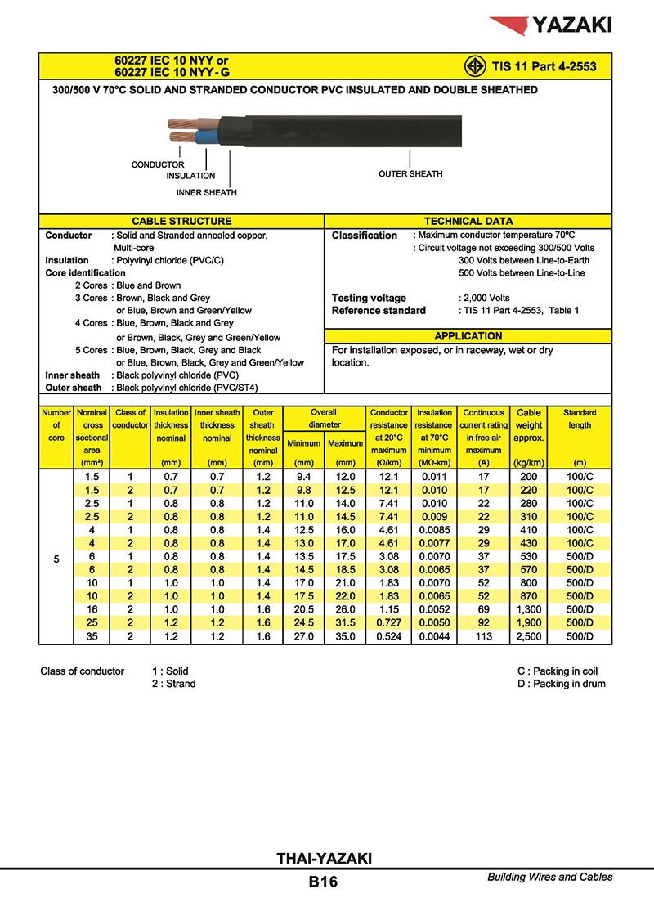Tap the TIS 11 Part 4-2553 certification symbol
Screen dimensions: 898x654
point(471,66)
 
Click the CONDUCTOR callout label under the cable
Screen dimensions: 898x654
point(158,165)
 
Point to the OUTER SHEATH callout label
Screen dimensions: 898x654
point(410,174)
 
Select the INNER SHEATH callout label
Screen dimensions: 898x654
point(207,193)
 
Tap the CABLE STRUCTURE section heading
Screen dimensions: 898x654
point(181,222)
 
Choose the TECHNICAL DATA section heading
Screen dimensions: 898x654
point(468,222)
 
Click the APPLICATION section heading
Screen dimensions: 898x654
point(468,336)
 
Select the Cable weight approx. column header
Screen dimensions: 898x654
point(529,425)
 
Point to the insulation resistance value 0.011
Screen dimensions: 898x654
point(433,477)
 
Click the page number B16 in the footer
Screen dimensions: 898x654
point(323,882)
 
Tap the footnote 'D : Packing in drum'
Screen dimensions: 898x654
point(561,684)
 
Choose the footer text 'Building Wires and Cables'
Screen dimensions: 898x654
point(549,878)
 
